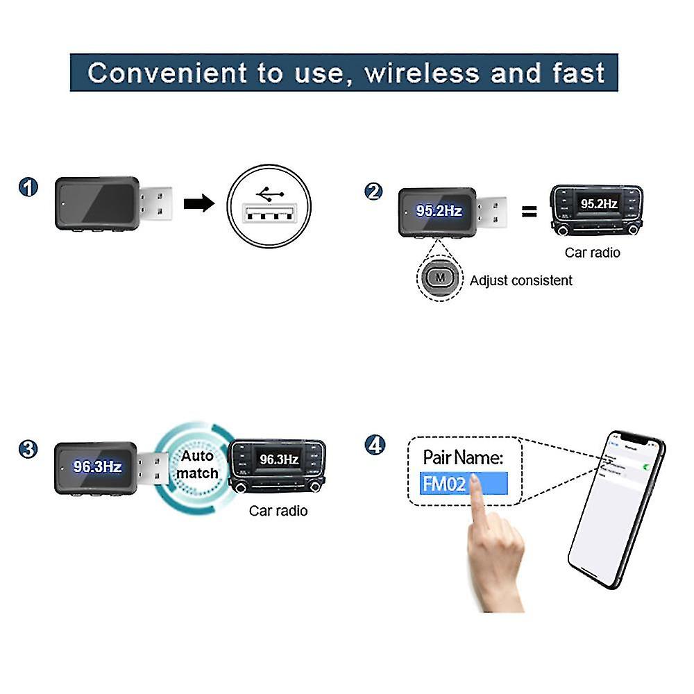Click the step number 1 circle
pos(28,188)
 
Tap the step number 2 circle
pos(373,191)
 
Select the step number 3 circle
pos(28,449)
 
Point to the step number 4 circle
pos(375,444)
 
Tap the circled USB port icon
pos(269,205)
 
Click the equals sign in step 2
pos(529,212)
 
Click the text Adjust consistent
pos(521,280)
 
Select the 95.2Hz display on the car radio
pos(598,204)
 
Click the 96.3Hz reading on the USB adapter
pos(98,466)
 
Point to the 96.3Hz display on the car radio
pos(279,459)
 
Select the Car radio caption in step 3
pos(278,511)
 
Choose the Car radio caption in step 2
pos(592,253)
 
